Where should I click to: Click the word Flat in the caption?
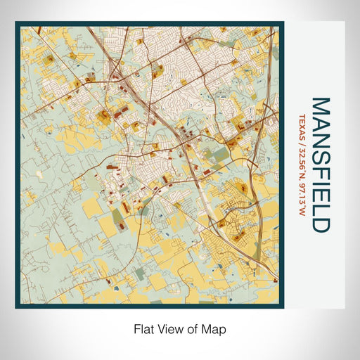(x=143, y=328)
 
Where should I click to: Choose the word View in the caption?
(x=169, y=328)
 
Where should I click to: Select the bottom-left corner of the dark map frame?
(x=16, y=307)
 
